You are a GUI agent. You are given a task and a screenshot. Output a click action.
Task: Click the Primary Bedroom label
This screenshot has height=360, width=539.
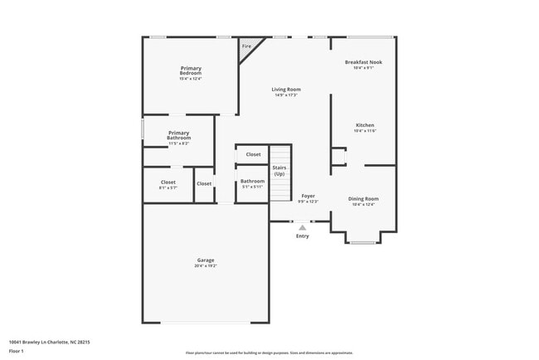click(x=191, y=71)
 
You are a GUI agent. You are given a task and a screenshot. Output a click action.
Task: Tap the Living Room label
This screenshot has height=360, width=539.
click(x=287, y=89)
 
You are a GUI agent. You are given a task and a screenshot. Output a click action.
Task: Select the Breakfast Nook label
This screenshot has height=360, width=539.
click(x=363, y=62)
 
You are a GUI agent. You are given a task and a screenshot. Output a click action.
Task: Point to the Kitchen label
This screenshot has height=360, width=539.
click(x=365, y=125)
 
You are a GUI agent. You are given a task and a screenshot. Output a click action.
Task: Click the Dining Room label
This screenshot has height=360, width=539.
click(x=363, y=198)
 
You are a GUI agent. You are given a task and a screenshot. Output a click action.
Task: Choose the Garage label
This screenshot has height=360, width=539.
click(x=206, y=260)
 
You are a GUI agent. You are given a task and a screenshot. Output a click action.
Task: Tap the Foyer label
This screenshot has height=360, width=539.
click(x=308, y=196)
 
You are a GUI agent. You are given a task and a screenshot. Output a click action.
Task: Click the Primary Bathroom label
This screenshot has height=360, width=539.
click(x=179, y=135)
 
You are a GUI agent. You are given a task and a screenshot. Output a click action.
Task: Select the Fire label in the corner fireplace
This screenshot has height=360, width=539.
click(x=246, y=46)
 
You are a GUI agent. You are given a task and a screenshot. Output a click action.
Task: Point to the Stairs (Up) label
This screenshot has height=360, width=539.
click(x=279, y=171)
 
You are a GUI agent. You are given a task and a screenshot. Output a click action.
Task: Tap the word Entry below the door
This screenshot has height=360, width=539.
click(x=303, y=236)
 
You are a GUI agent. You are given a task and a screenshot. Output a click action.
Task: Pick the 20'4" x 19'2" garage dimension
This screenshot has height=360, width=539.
click(x=206, y=266)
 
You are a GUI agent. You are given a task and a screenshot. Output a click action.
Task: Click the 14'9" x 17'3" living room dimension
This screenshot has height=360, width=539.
click(x=287, y=95)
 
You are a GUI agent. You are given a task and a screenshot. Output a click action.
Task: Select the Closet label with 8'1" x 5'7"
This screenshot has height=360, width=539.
click(x=168, y=182)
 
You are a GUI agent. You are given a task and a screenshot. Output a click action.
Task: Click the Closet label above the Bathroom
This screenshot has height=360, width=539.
click(x=253, y=154)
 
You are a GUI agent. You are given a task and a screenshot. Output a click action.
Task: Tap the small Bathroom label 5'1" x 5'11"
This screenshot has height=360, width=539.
click(x=252, y=181)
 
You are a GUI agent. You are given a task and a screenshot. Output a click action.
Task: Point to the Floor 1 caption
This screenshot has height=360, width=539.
click(x=16, y=352)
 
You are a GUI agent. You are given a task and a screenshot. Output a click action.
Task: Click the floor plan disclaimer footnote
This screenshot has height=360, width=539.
click(x=269, y=353)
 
